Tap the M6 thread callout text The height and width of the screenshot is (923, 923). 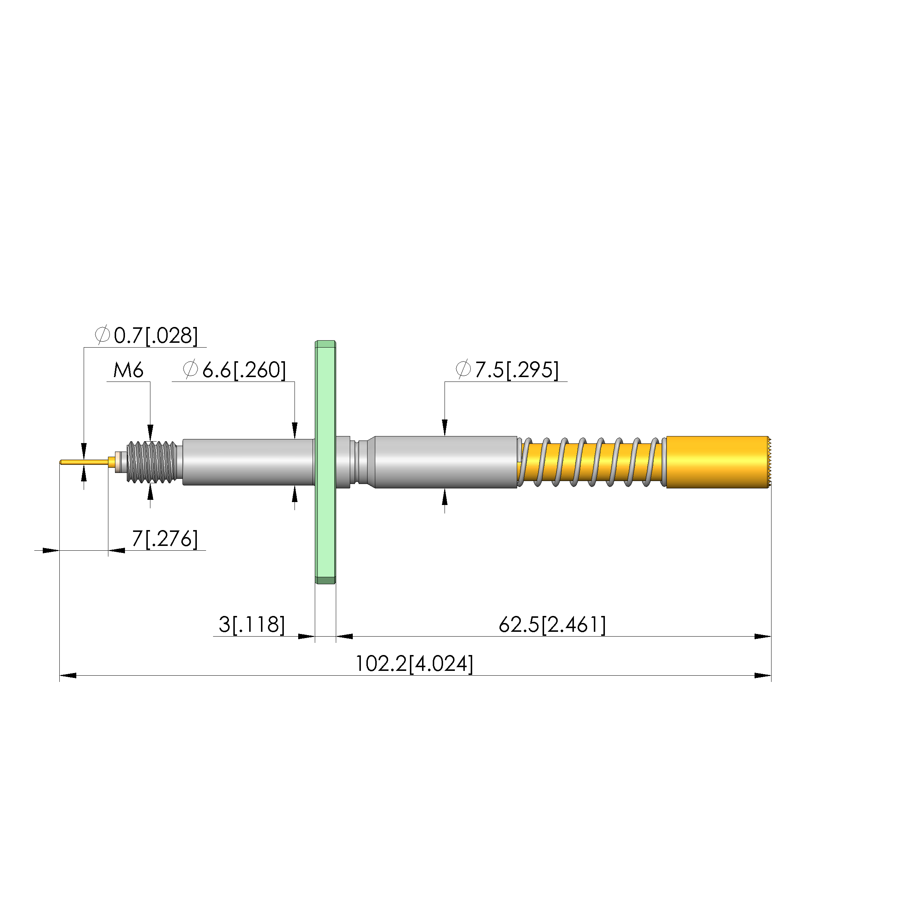pos(128,370)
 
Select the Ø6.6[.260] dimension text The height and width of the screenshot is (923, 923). pos(234,370)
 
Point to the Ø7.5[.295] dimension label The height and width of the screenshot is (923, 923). pos(507,370)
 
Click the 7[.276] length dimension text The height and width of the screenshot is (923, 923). pos(165,539)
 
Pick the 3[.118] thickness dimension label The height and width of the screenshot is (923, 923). pos(252,624)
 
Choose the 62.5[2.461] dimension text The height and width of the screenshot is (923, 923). pos(552,624)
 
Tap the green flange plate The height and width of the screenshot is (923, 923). pos(325,462)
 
